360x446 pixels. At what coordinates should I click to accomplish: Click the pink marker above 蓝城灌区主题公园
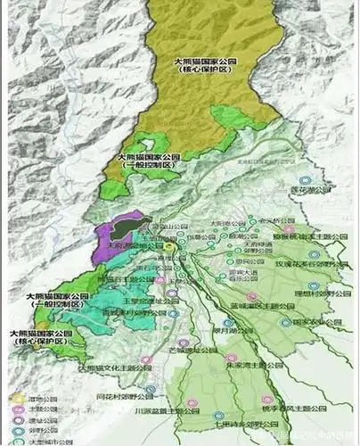252,296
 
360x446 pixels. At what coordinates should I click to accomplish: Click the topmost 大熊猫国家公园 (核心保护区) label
203,64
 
